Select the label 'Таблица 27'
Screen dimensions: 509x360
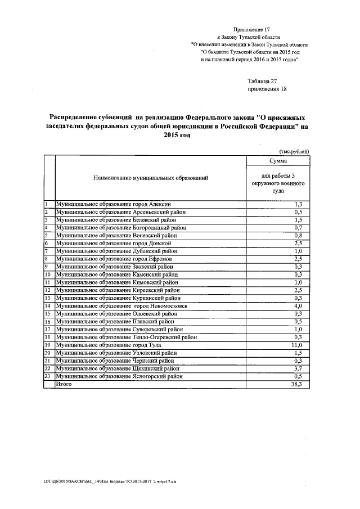[263, 82]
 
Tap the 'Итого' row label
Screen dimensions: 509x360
[65, 384]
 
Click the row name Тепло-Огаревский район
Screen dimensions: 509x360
[127, 337]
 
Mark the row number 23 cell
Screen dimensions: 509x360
[48, 376]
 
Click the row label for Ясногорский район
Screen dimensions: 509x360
[119, 376]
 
